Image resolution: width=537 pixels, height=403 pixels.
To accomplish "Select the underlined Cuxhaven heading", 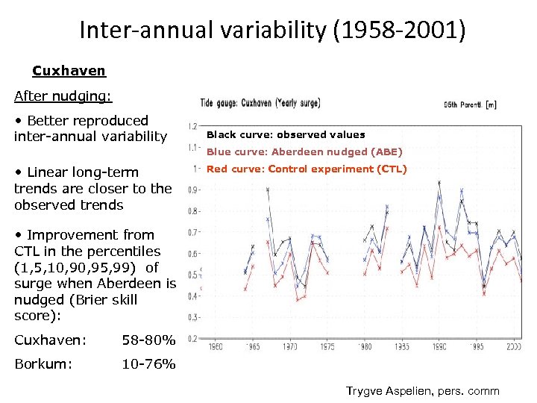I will point(69,71).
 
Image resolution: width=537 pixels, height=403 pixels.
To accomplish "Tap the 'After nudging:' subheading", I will point(63,96).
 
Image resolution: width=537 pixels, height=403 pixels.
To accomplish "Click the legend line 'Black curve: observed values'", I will point(286,135).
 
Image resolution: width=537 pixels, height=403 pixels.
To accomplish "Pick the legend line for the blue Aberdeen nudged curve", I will point(304,151).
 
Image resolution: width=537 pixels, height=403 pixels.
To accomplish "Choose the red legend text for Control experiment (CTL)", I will point(307,169).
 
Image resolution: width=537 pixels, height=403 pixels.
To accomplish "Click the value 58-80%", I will point(148,341).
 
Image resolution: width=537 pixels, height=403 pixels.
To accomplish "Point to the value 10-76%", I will point(148,364).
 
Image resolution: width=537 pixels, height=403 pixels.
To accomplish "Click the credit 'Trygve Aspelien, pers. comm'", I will point(423,391).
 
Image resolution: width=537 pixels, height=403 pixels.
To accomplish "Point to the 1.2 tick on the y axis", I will point(192,126).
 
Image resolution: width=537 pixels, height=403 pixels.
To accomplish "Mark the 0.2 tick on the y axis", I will point(192,339).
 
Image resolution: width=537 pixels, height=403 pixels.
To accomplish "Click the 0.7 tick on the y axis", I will point(192,233).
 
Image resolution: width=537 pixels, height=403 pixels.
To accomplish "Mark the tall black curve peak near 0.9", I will point(268,190).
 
